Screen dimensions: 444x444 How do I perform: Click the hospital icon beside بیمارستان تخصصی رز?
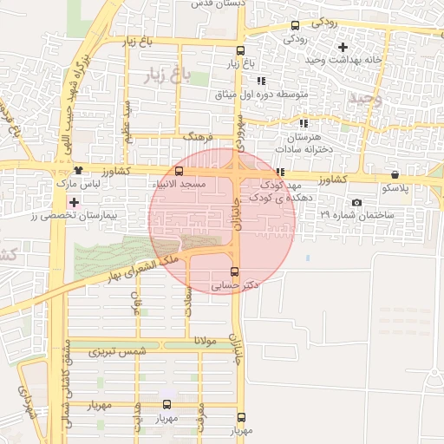point(75,203)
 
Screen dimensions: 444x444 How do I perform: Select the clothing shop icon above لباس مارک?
point(79,171)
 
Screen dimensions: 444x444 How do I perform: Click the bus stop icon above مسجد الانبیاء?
point(179,172)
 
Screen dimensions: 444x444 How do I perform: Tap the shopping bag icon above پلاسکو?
point(395,173)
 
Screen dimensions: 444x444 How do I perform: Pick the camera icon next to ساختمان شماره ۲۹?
point(356,202)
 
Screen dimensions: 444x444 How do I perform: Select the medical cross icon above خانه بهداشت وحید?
point(343,46)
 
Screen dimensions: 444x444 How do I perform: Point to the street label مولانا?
point(186,339)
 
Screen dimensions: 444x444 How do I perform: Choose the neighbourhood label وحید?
point(364,100)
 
